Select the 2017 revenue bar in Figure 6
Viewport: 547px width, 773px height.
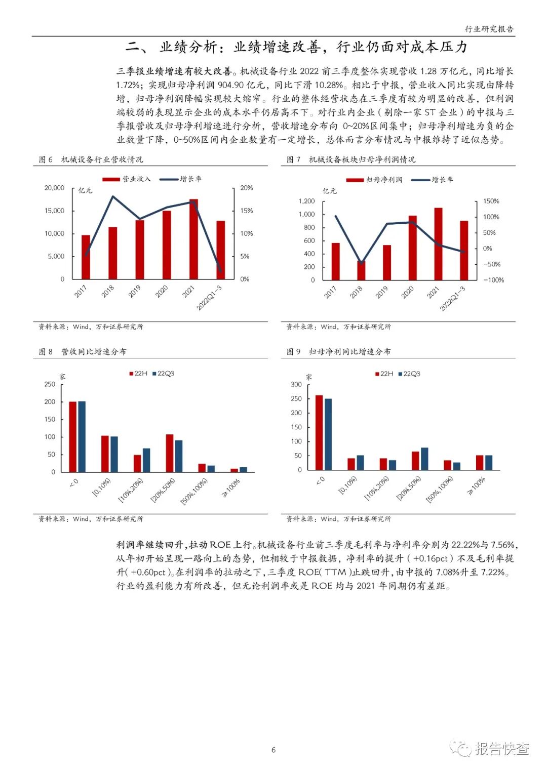pos(86,257)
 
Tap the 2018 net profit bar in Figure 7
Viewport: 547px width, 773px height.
pos(361,271)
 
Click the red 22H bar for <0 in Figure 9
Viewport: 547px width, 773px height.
pos(319,433)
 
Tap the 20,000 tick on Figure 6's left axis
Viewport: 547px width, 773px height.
pos(54,188)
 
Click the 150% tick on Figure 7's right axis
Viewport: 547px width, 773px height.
pos(491,201)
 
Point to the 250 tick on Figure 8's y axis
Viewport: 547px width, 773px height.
pos(50,384)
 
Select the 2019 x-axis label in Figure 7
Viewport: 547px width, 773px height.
pos(382,292)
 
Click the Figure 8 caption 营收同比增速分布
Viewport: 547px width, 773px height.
pos(94,351)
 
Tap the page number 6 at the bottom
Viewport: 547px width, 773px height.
pos(273,750)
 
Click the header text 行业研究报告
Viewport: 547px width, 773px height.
pos(489,29)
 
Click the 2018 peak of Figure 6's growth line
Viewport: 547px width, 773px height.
pos(112,196)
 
